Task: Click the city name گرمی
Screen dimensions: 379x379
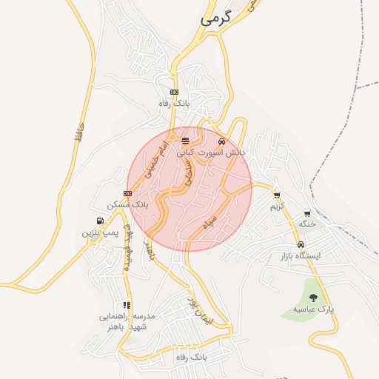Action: tap(216, 19)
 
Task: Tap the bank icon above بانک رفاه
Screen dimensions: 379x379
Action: tap(174, 92)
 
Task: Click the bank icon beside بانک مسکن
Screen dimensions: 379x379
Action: tap(127, 193)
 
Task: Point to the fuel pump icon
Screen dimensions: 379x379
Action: tap(100, 221)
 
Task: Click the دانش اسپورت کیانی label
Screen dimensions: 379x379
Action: tap(210, 152)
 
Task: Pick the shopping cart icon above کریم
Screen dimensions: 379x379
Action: tap(277, 195)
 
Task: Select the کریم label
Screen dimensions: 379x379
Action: tap(277, 207)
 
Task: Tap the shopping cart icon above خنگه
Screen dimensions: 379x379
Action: tap(307, 213)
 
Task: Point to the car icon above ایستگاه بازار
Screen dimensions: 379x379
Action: tap(301, 245)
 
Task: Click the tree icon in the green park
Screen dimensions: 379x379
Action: tap(314, 298)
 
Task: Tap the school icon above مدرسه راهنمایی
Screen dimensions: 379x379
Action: tap(127, 304)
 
